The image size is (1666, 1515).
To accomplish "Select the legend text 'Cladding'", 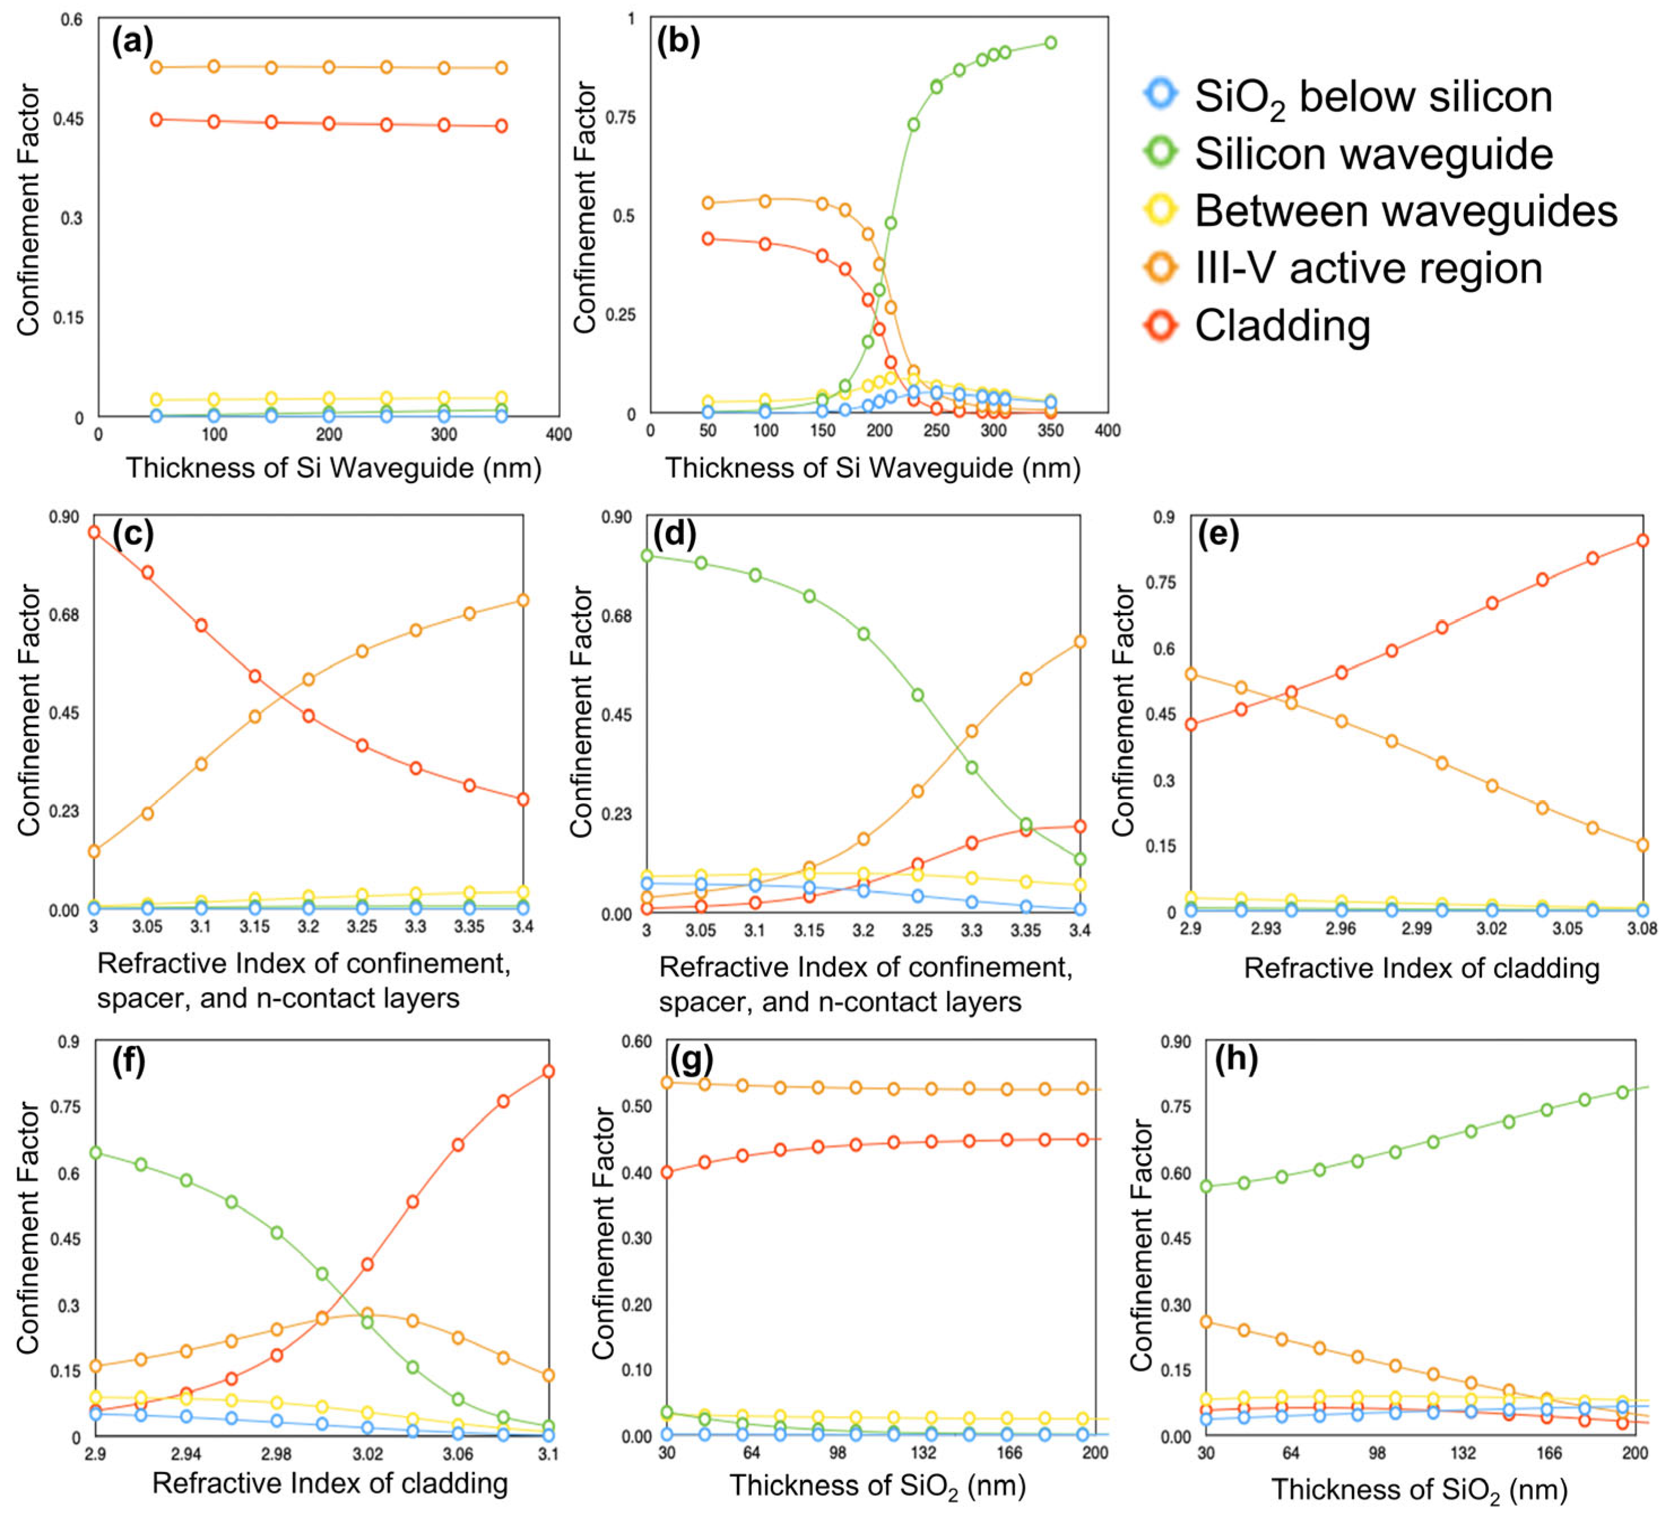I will coord(1283,326).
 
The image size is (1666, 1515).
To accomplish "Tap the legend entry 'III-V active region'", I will coord(1368,269).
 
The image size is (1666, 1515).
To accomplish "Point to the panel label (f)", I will coord(128,1060).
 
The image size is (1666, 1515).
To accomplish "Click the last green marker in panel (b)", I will coord(1050,43).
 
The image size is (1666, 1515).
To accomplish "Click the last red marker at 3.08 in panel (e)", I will coord(1643,540).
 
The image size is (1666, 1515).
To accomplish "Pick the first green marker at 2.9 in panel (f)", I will coord(95,1153).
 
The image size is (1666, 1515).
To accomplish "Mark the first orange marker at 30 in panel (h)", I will coord(1206,1322).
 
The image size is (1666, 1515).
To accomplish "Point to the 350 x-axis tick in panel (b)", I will coord(1050,430).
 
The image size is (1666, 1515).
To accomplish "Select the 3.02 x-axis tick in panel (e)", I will coord(1491,929).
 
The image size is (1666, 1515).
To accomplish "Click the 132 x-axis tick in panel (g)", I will coord(924,1453).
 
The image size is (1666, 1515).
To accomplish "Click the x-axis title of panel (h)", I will coord(1419,1490).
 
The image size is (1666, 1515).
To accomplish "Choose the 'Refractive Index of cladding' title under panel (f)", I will coord(330,1483).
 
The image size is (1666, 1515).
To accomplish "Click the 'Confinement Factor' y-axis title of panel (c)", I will coord(29,711).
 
